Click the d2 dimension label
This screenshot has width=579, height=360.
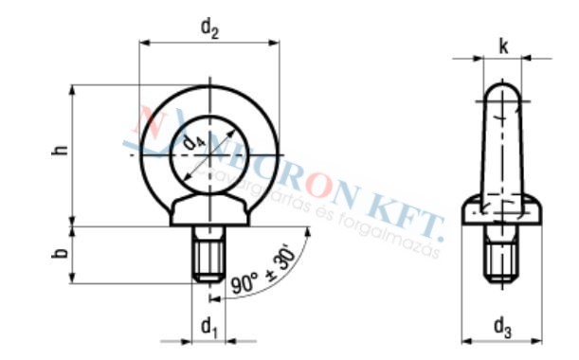[x=210, y=27]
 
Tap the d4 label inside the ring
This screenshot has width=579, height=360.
[x=194, y=141]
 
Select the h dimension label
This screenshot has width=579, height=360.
[x=59, y=153]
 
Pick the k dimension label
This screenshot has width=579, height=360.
[x=501, y=45]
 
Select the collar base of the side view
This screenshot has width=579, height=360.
[x=501, y=214]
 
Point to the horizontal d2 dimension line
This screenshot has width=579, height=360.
[x=210, y=43]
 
